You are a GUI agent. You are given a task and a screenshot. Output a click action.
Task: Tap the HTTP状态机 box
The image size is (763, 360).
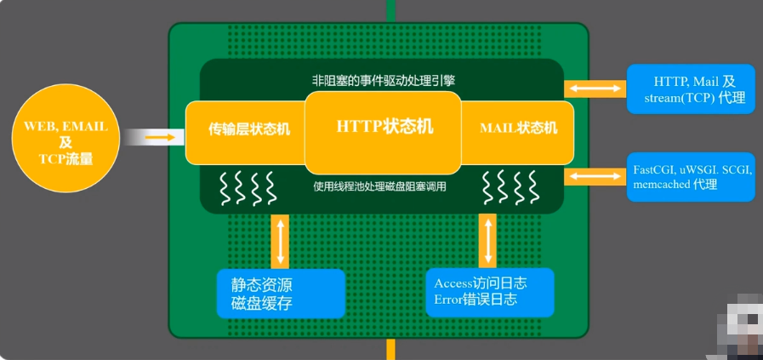click(x=384, y=128)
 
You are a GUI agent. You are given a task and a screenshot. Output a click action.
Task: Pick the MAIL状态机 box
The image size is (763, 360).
click(x=517, y=129)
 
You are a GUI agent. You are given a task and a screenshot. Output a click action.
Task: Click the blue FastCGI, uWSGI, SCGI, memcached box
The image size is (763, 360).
click(x=689, y=177)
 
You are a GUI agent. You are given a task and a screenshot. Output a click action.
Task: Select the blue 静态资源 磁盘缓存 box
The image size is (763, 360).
click(x=282, y=293)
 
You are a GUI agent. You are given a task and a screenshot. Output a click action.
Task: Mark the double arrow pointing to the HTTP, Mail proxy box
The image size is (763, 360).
click(x=595, y=89)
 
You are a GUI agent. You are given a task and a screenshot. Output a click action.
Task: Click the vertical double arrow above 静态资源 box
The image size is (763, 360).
click(x=280, y=239)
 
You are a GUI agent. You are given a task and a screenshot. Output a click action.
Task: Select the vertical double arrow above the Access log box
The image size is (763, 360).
click(x=488, y=239)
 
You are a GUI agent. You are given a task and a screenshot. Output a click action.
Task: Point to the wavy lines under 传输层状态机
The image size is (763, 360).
click(x=246, y=188)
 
